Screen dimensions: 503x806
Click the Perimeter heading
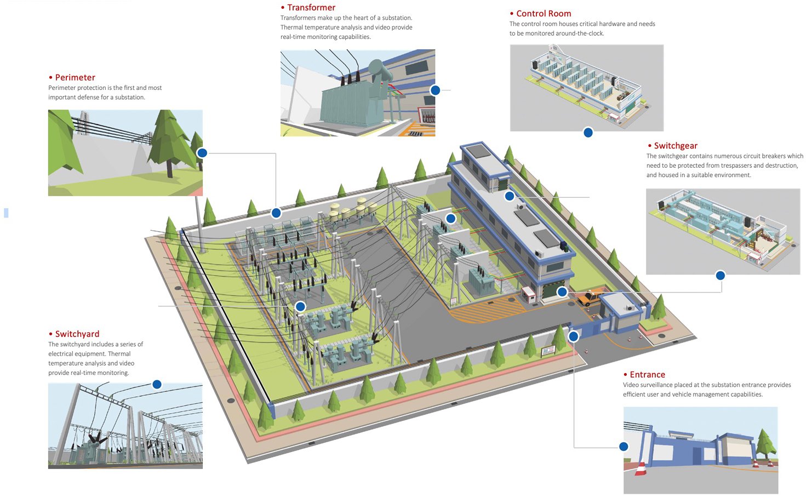(75, 78)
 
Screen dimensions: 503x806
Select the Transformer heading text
(311, 8)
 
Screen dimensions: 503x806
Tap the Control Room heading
(544, 14)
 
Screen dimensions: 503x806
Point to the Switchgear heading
(676, 146)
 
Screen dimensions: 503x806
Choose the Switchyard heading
(77, 334)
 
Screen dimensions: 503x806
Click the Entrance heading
(647, 375)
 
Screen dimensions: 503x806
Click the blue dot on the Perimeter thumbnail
(202, 153)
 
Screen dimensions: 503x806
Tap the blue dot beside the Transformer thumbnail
(435, 90)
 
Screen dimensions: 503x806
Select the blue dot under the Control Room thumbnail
(588, 132)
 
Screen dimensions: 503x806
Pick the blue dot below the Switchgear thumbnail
(721, 275)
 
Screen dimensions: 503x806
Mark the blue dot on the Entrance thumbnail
(624, 447)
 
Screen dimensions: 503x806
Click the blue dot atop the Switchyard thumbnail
(157, 385)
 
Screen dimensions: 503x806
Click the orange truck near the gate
(588, 299)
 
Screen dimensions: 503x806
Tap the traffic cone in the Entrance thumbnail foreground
(641, 468)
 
